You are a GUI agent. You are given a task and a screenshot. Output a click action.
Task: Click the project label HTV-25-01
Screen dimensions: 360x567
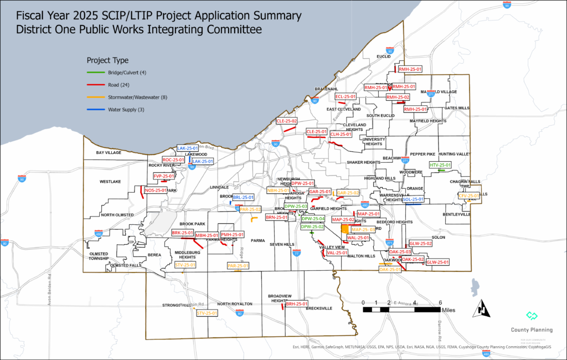point(441,165)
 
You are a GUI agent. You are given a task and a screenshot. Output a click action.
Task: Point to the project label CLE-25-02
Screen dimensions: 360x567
point(287,121)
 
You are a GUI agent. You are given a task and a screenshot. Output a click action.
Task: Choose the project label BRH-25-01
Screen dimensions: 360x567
point(297,304)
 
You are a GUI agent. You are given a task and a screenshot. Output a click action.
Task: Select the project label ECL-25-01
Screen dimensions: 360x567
point(346,97)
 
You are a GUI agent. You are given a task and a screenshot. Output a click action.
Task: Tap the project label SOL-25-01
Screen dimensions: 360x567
point(413,199)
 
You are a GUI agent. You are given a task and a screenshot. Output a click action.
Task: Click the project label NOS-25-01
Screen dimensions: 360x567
point(156,191)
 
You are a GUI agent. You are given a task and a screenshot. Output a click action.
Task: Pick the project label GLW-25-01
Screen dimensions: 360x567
point(437,262)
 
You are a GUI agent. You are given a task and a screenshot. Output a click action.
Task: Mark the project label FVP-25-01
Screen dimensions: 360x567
point(164,176)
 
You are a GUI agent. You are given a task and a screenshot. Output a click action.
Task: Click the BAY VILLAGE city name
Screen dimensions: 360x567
point(108,152)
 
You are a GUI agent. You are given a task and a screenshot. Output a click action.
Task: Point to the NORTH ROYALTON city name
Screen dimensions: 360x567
point(235,304)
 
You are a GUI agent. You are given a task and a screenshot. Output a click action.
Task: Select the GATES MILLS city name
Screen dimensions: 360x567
point(456,108)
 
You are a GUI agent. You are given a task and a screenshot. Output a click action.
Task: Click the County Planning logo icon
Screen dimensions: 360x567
point(532,316)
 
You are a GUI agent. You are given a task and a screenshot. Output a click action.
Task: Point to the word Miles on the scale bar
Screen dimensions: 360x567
point(449,311)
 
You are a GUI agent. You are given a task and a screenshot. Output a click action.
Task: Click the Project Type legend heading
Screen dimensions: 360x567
point(107,60)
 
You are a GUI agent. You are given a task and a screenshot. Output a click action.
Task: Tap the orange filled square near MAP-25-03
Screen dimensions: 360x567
point(345,228)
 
